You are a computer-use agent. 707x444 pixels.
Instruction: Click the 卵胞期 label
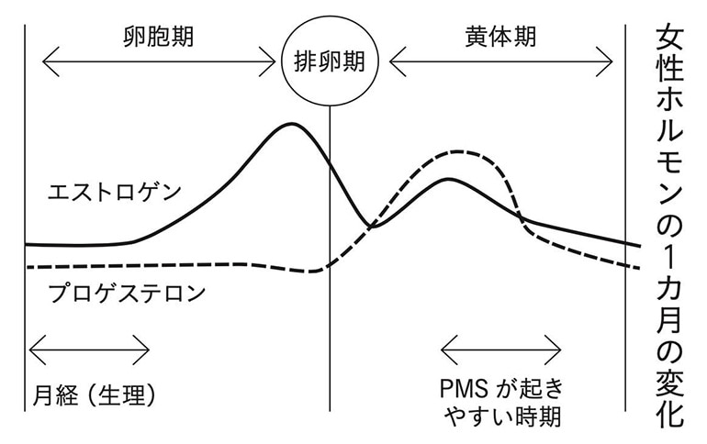click(158, 37)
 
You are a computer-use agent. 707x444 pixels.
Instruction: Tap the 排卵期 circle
click(328, 61)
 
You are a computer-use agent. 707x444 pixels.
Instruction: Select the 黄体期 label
click(500, 37)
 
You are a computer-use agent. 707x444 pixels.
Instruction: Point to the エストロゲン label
click(115, 193)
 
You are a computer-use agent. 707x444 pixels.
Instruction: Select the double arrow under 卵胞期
click(158, 63)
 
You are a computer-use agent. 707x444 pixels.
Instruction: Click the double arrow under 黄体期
click(500, 63)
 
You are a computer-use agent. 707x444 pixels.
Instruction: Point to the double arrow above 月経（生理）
click(89, 350)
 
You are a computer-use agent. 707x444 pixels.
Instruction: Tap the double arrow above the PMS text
click(500, 350)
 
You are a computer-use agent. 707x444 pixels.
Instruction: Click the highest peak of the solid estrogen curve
click(292, 123)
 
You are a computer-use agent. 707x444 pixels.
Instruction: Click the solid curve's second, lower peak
click(448, 179)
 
